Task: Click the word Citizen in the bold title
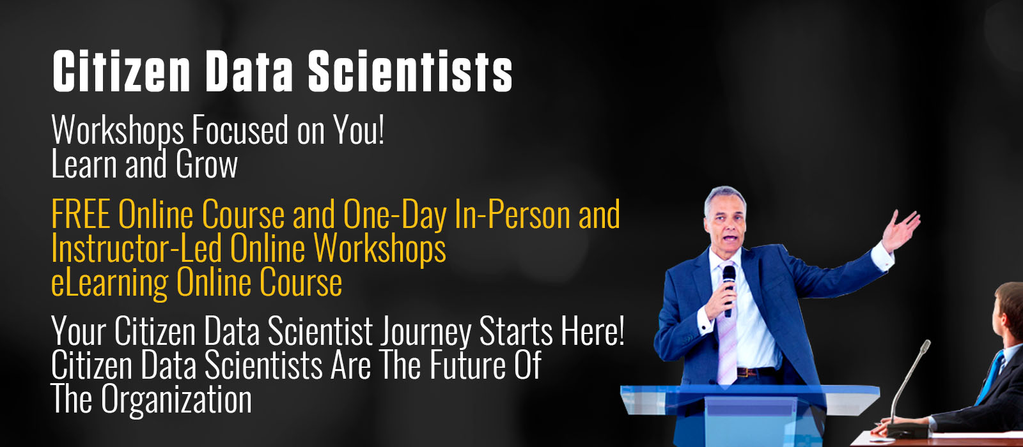pos(121,71)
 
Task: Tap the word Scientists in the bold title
pos(410,71)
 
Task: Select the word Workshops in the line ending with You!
pos(118,132)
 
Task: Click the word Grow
pos(207,164)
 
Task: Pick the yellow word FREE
pos(81,214)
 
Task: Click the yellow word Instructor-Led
pos(137,248)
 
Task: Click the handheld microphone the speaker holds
pos(728,291)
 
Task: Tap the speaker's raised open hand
pos(900,231)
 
